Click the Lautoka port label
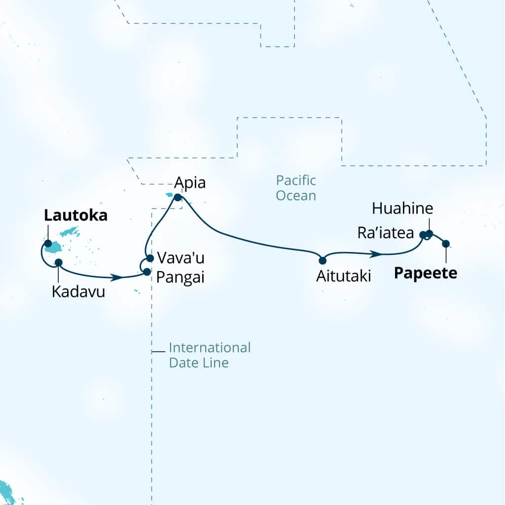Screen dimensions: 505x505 pyautogui.click(x=75, y=216)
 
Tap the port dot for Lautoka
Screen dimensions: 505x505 pyautogui.click(x=48, y=244)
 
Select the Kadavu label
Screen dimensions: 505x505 pyautogui.click(x=78, y=292)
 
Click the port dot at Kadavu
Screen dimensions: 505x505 pyautogui.click(x=58, y=262)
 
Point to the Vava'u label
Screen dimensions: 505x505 pyautogui.click(x=180, y=257)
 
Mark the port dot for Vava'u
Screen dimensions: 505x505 pyautogui.click(x=150, y=258)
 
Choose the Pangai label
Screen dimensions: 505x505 pyautogui.click(x=180, y=277)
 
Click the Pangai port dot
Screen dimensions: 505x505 pyautogui.click(x=146, y=271)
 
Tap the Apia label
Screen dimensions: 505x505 pyautogui.click(x=190, y=183)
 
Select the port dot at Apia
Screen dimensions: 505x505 pyautogui.click(x=178, y=198)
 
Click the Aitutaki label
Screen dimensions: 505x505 pyautogui.click(x=343, y=277)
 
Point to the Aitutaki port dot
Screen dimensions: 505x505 pyautogui.click(x=323, y=260)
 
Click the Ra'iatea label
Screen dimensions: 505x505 pyautogui.click(x=385, y=233)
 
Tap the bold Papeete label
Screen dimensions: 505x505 pyautogui.click(x=426, y=273)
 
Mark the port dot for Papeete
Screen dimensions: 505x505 pyautogui.click(x=446, y=244)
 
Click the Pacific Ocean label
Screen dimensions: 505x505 pyautogui.click(x=296, y=188)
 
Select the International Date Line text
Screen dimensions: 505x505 pyautogui.click(x=210, y=355)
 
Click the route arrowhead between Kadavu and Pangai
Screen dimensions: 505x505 pyautogui.click(x=117, y=278)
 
